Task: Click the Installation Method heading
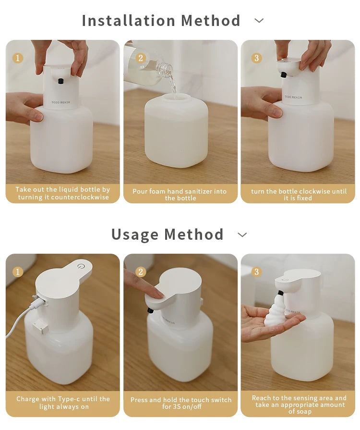pyautogui.click(x=161, y=21)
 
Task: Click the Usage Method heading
pyautogui.click(x=168, y=234)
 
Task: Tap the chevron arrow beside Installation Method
pyautogui.click(x=259, y=21)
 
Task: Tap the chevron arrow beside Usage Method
pyautogui.click(x=242, y=234)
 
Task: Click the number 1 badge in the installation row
pyautogui.click(x=18, y=58)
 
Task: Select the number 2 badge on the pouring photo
pyautogui.click(x=140, y=58)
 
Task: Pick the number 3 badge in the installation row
pyautogui.click(x=256, y=58)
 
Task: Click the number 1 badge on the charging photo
pyautogui.click(x=18, y=272)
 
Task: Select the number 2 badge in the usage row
pyautogui.click(x=140, y=272)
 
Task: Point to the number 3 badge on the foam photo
pyautogui.click(x=256, y=272)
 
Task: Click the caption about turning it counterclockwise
pyautogui.click(x=62, y=194)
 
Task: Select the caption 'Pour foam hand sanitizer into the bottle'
pyautogui.click(x=180, y=194)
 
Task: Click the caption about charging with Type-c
pyautogui.click(x=62, y=403)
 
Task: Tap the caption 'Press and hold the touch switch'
pyautogui.click(x=180, y=403)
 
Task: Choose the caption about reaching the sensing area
pyautogui.click(x=299, y=405)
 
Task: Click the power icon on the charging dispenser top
pyautogui.click(x=80, y=266)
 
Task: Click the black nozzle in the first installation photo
pyautogui.click(x=60, y=80)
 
